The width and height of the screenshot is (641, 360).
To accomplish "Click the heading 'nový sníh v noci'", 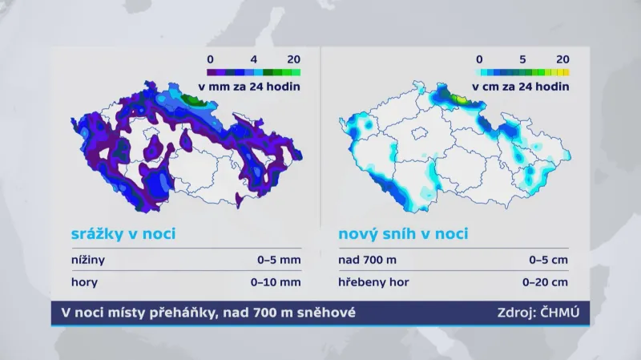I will coord(403,234).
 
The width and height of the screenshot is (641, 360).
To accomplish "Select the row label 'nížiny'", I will coord(83,260).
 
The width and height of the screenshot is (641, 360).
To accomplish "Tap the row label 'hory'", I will coord(79,281).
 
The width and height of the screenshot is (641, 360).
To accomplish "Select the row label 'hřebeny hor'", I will coord(371,281).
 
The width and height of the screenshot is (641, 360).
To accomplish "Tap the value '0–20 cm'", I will coord(546,281).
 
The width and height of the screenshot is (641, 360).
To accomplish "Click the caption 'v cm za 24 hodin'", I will coord(521,86).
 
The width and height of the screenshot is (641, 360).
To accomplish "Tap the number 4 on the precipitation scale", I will coord(253,59).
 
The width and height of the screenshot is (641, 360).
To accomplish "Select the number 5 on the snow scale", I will coord(522,59).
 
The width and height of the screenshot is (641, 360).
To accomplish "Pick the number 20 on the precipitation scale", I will coord(293,59).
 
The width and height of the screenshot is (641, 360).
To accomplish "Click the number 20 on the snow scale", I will coord(562,59).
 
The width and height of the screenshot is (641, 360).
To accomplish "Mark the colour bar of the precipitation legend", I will coord(253,72).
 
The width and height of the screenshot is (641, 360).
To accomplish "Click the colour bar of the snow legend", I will coord(522,72).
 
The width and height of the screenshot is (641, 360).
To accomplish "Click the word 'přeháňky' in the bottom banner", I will coord(174,313).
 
